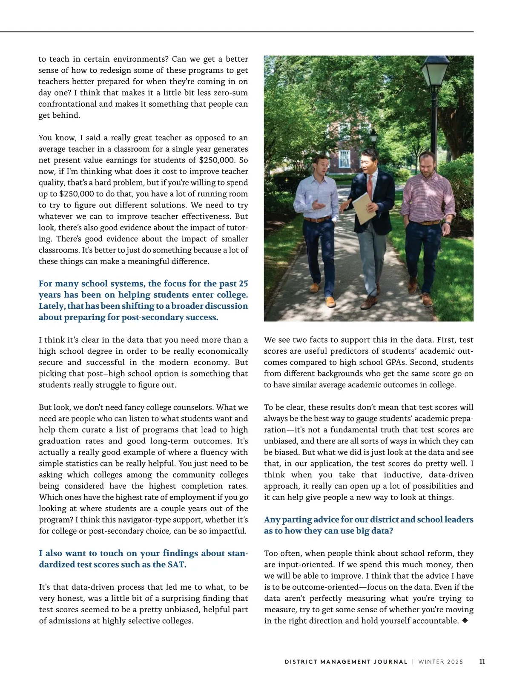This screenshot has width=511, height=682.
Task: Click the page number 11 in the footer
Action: tap(482, 662)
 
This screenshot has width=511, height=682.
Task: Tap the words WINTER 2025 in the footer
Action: tap(440, 662)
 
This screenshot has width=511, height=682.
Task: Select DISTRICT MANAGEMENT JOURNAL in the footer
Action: tap(346, 662)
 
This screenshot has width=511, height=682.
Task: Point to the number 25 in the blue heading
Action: tap(243, 284)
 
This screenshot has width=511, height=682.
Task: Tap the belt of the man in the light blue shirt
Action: tap(317, 219)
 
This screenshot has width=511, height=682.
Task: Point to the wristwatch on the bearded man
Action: tap(448, 222)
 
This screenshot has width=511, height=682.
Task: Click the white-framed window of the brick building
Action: tap(344, 158)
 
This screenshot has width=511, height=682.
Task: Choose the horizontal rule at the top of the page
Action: tap(237, 31)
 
